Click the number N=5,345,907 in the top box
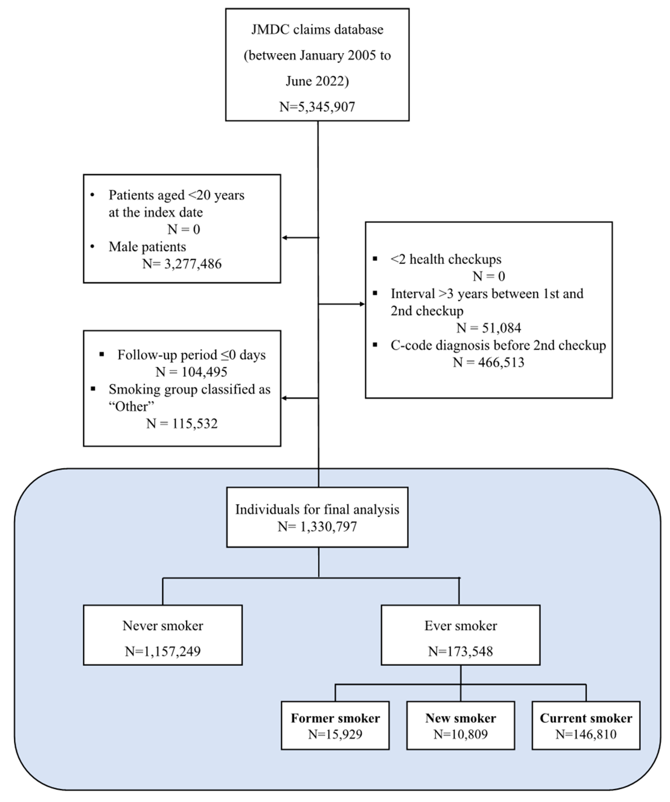[x=317, y=107]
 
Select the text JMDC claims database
[x=317, y=29]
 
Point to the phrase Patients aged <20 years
[x=176, y=195]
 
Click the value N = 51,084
[x=488, y=328]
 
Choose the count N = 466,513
[x=488, y=362]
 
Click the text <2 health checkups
[x=446, y=259]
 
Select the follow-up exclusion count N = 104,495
[x=191, y=372]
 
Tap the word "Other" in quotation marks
[x=131, y=406]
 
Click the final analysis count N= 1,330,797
[x=317, y=527]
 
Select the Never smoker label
[x=163, y=626]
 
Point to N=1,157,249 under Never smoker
[x=163, y=651]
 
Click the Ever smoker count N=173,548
[x=460, y=651]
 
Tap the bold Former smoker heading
[x=335, y=718]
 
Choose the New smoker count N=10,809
[x=460, y=734]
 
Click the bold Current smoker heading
[x=586, y=718]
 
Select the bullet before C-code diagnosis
[x=375, y=345]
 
